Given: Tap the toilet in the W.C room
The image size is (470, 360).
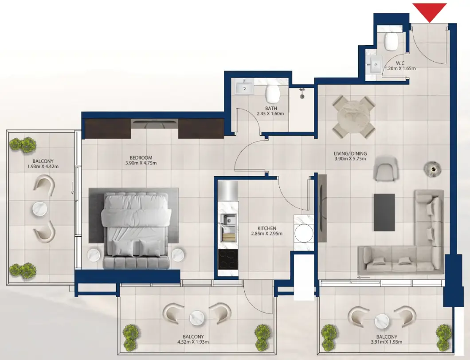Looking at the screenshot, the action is pyautogui.click(x=391, y=41).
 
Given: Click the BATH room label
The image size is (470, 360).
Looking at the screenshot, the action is pyautogui.click(x=271, y=108).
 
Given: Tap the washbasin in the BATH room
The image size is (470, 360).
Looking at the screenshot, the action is pyautogui.click(x=244, y=87).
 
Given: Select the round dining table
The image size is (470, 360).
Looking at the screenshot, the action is pyautogui.click(x=354, y=117).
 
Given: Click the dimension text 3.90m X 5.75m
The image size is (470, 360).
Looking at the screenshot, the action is pyautogui.click(x=350, y=159).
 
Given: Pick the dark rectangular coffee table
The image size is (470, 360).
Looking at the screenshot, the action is pyautogui.click(x=384, y=212).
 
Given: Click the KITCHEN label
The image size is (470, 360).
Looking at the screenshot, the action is pyautogui.click(x=267, y=228).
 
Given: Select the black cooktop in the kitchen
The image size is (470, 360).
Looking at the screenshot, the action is pyautogui.click(x=228, y=259).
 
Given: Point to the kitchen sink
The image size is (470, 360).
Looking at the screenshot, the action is pyautogui.click(x=228, y=228).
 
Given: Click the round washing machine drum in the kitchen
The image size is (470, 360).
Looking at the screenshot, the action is pyautogui.click(x=304, y=233).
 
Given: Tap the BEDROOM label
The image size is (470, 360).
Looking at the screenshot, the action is pyautogui.click(x=141, y=158).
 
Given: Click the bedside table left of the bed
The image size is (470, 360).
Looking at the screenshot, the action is pyautogui.click(x=94, y=255).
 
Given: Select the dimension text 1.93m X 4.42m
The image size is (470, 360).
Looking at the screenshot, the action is pyautogui.click(x=43, y=166).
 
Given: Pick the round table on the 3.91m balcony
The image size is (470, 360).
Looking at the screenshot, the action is pyautogui.click(x=382, y=321).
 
